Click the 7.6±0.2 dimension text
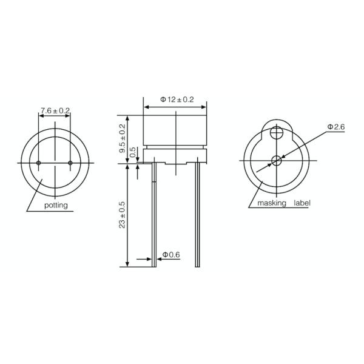55,110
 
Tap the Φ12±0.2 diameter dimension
177,99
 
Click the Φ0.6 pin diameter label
171,255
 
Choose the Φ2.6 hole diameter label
335,127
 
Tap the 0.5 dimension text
133,153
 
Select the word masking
271,203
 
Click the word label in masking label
302,203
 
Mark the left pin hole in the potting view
39,163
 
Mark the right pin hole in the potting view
70,163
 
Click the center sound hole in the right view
277,161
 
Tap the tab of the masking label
277,129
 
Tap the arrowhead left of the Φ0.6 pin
152,259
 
